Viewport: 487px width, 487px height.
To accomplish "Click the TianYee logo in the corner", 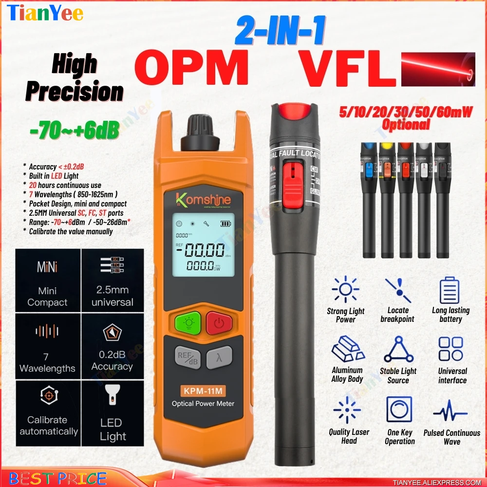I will click(x=46, y=13).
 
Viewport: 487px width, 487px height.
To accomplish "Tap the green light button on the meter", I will click(x=185, y=322).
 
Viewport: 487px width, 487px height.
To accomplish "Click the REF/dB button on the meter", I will click(x=187, y=358).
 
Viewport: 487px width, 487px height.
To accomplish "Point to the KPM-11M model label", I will click(x=203, y=390).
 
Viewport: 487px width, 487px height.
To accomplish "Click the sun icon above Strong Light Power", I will click(x=346, y=290).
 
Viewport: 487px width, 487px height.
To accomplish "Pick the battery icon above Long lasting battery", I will click(x=450, y=290).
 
